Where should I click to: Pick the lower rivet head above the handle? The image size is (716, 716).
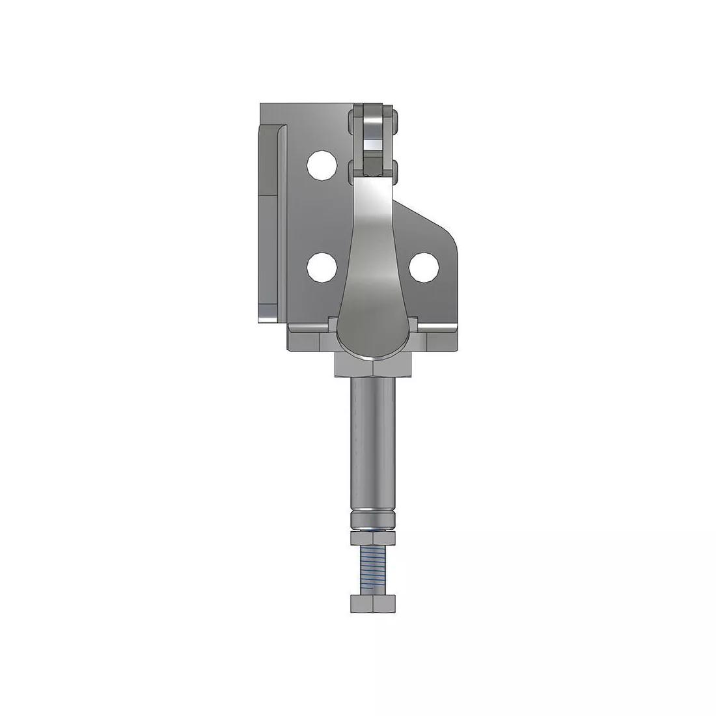(x=373, y=171)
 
